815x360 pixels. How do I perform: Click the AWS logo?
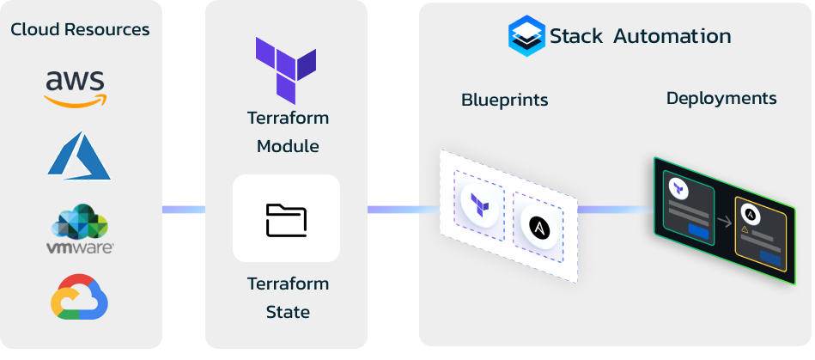76,89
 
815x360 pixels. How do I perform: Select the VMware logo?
80,229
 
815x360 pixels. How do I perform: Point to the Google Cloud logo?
80,296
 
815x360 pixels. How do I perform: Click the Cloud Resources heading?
80,29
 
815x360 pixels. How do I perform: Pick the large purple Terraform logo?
286,70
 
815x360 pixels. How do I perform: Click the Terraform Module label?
288,132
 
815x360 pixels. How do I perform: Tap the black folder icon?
286,220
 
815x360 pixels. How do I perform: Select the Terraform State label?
288,298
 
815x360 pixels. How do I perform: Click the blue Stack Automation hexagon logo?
527,36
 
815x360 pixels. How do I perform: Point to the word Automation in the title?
672,36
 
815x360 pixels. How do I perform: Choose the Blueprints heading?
505,100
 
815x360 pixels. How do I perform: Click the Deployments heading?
721,98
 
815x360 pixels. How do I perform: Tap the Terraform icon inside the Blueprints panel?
479,205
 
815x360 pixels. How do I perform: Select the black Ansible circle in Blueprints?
539,227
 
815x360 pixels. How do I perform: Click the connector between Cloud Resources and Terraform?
184,210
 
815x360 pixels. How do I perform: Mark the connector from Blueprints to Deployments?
616,210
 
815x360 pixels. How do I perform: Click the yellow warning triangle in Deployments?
745,229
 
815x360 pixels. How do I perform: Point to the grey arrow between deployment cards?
724,222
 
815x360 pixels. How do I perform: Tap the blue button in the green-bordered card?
698,230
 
